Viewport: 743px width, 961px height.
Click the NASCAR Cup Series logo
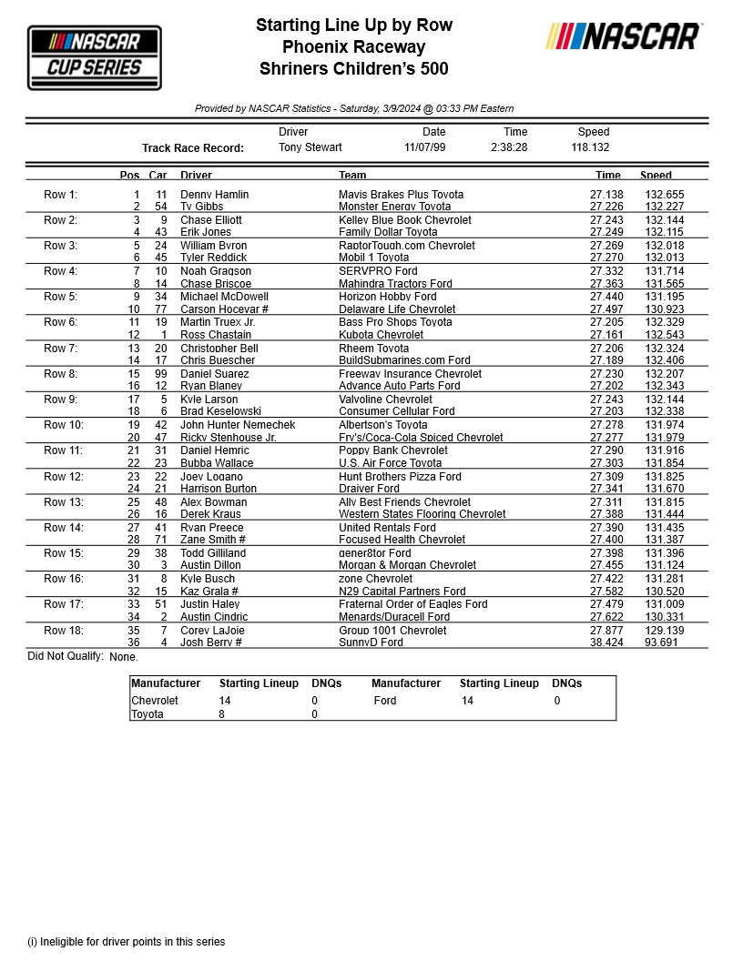tap(95, 57)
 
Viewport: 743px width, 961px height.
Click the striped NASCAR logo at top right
tap(623, 36)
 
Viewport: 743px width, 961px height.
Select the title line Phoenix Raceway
tap(353, 47)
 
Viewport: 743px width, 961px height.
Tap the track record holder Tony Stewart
tap(310, 147)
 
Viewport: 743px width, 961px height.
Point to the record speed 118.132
tap(590, 147)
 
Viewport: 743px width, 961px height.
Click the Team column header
tap(352, 175)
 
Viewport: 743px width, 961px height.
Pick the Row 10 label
tap(63, 425)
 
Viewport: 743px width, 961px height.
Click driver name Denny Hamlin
tap(214, 195)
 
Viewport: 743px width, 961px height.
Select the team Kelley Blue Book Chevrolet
tap(405, 220)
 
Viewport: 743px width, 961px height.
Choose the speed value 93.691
tap(662, 642)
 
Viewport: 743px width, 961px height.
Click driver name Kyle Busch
tap(208, 579)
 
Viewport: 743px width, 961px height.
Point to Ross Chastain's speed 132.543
tap(665, 335)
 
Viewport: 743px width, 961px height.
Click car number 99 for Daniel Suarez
tap(160, 374)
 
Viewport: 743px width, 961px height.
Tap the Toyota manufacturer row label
tap(148, 714)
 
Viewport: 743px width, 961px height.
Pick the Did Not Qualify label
tap(65, 656)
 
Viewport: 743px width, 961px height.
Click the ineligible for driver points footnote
tap(126, 942)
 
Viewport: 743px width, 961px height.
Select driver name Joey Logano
tap(211, 477)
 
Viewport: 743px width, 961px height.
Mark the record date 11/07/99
tap(425, 147)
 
